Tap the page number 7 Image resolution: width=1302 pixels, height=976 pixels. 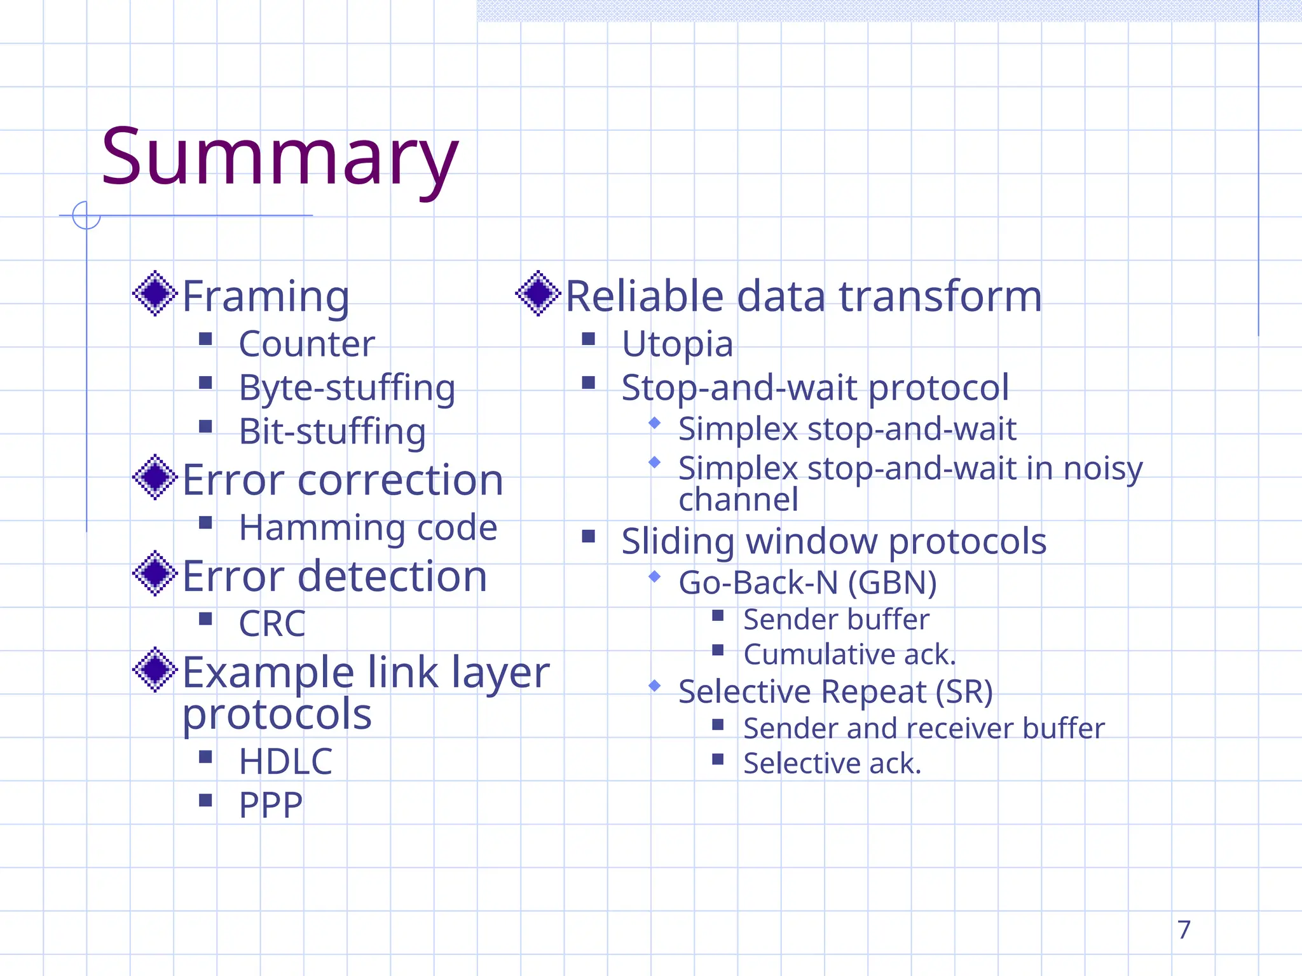(x=1184, y=930)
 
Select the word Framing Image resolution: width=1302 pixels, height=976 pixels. (x=266, y=296)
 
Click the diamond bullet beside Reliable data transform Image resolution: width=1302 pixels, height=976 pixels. (x=538, y=293)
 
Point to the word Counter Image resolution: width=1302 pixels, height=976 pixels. (x=306, y=344)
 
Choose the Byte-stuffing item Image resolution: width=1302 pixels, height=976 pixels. (x=347, y=388)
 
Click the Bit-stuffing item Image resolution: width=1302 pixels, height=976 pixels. (x=332, y=431)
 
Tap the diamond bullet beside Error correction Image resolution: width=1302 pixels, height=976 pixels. (x=154, y=477)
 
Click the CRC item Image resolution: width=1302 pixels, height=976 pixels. (x=272, y=623)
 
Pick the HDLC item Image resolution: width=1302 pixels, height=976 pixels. (x=285, y=761)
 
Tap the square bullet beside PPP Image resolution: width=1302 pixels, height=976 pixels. (x=205, y=800)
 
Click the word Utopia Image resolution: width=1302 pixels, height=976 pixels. (x=677, y=344)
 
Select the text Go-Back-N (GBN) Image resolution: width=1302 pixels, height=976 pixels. (x=807, y=583)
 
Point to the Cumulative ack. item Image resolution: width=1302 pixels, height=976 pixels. (x=849, y=654)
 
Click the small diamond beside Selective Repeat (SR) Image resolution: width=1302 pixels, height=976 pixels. (x=655, y=686)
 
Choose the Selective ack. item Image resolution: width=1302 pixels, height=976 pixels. (x=832, y=763)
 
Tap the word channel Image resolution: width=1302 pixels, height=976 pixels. (x=738, y=499)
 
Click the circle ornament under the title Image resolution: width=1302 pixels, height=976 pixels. (x=86, y=215)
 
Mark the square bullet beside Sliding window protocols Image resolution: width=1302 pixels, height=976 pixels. (x=589, y=537)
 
